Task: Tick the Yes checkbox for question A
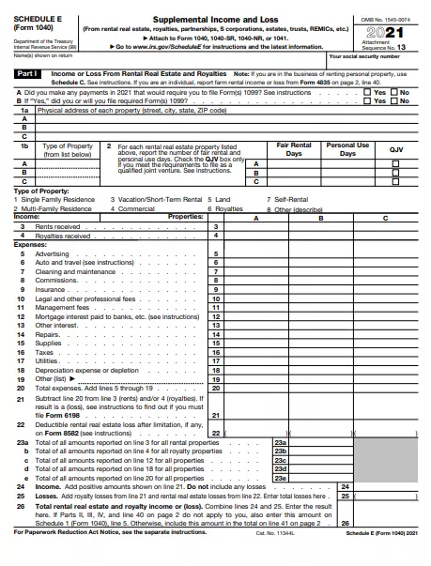[x=367, y=93]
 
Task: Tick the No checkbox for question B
[x=394, y=100]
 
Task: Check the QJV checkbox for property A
[x=394, y=163]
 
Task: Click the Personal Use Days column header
[x=346, y=149]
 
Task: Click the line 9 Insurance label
[x=51, y=289]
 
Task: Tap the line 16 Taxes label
[x=45, y=351]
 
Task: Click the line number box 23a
[x=279, y=441]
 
